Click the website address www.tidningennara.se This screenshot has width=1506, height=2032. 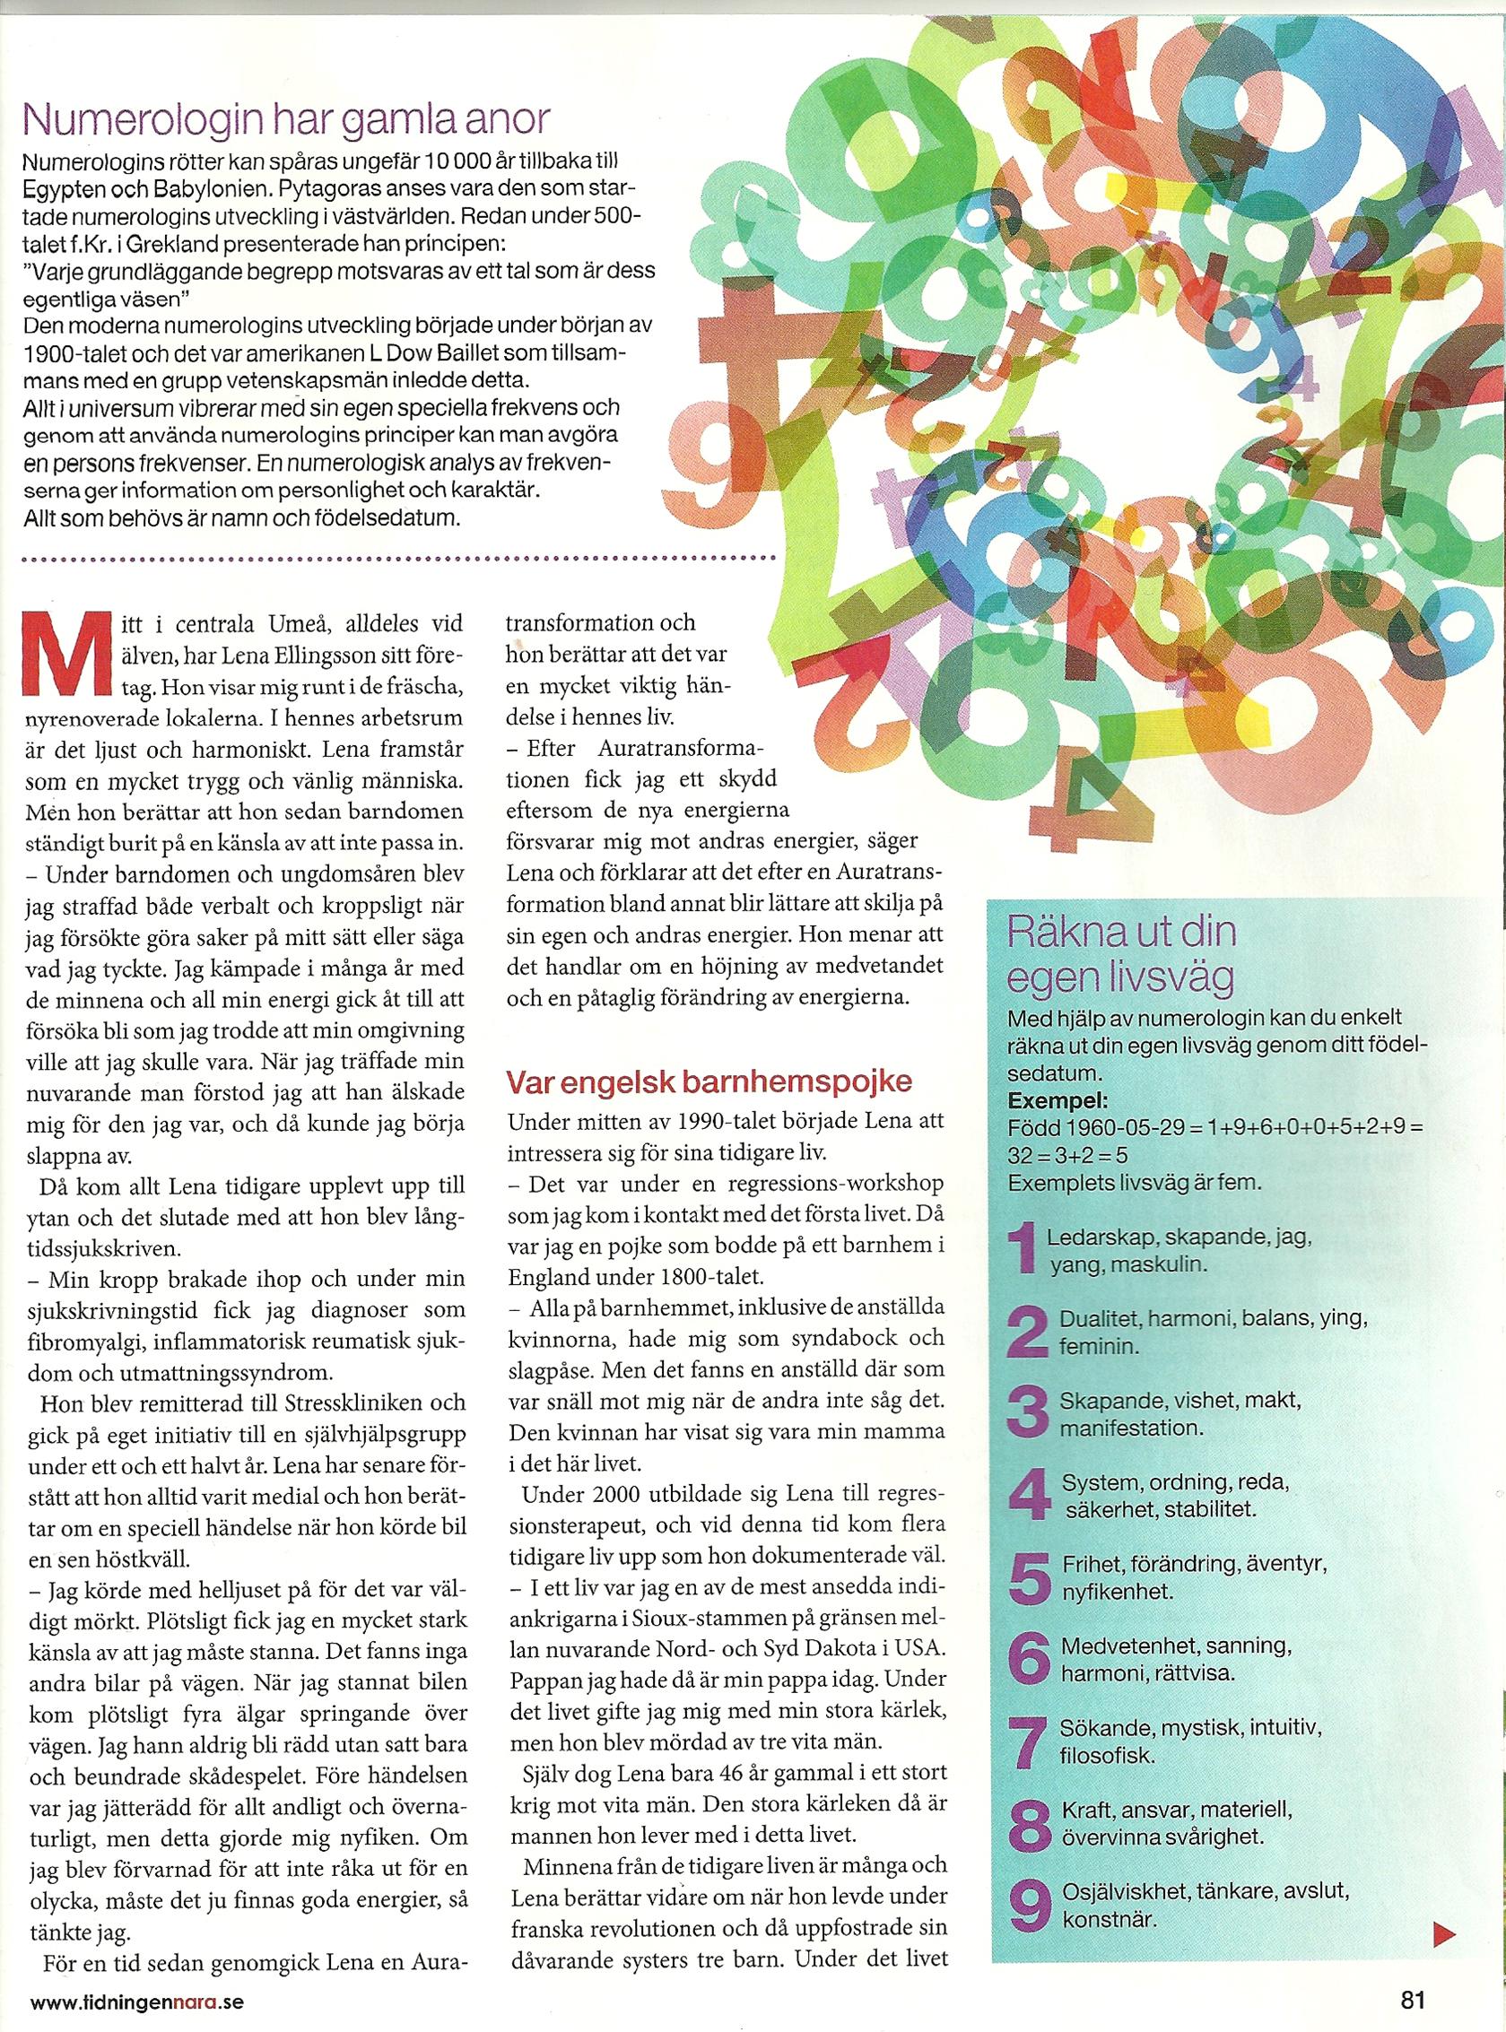point(136,2000)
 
